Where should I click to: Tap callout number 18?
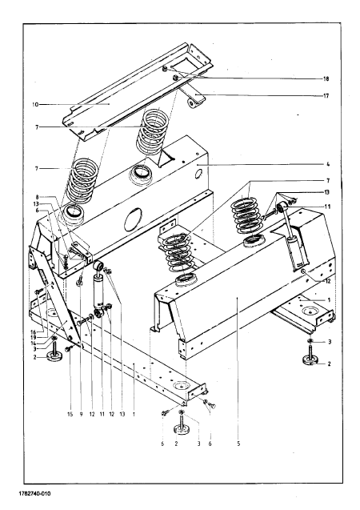[x=326, y=78]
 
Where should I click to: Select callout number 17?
[x=326, y=95]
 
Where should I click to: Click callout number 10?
[x=35, y=104]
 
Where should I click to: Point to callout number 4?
[x=328, y=165]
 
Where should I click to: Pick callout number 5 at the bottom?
[x=238, y=444]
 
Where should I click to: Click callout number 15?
[x=70, y=415]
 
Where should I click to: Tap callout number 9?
[x=81, y=415]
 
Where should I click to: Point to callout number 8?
[x=37, y=197]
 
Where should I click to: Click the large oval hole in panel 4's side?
[x=133, y=220]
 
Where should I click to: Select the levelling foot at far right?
[x=311, y=357]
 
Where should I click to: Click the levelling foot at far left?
[x=54, y=354]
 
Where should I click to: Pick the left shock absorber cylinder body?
[x=98, y=290]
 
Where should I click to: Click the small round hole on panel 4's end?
[x=198, y=175]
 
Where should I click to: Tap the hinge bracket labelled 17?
[x=194, y=98]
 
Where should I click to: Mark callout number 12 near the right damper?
[x=328, y=281]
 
